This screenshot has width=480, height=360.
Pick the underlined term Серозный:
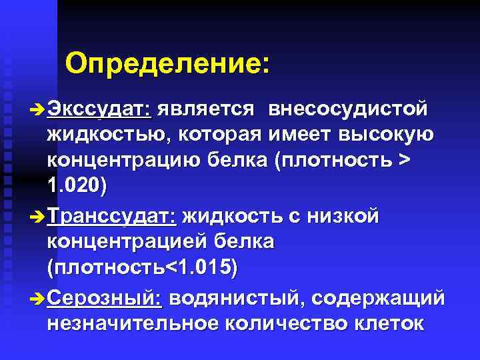click(x=105, y=298)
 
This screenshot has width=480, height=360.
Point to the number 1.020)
click(x=77, y=187)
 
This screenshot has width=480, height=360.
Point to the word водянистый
click(x=234, y=298)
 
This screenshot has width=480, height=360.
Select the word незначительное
click(x=132, y=324)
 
